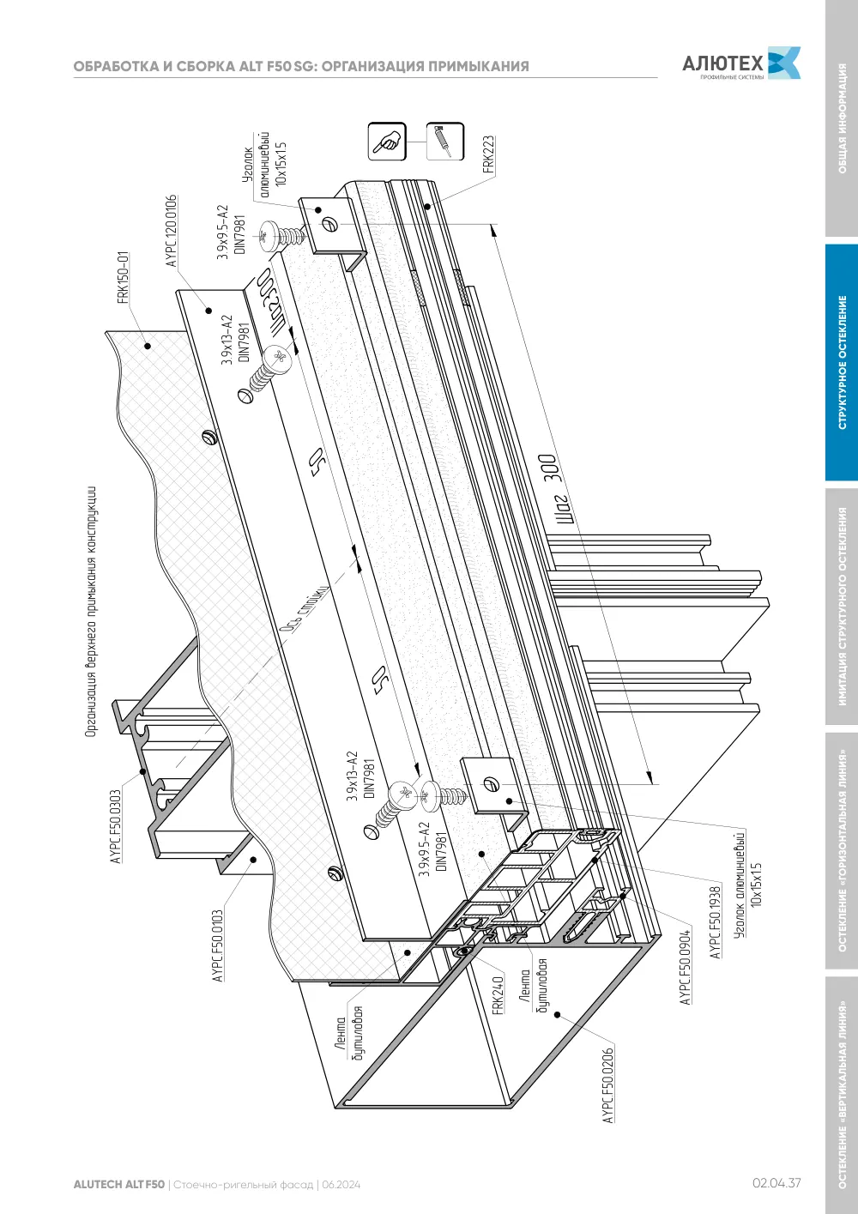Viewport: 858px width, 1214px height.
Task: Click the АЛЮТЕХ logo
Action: pos(741,63)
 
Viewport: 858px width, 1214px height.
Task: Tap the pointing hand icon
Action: pos(387,142)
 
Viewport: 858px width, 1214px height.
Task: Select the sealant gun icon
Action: pos(445,142)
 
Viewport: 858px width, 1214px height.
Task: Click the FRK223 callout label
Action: pos(488,154)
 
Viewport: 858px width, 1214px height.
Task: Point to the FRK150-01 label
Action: pos(124,277)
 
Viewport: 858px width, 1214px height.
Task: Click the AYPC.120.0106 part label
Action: pos(172,230)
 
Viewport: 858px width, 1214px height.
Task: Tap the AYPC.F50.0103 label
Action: pos(218,946)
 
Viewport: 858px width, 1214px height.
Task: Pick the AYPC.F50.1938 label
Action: pos(716,922)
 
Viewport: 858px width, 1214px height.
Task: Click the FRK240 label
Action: pos(498,994)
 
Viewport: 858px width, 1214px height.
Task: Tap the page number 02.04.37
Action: pos(776,1183)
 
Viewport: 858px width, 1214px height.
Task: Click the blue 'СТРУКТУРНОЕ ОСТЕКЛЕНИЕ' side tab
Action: pos(842,362)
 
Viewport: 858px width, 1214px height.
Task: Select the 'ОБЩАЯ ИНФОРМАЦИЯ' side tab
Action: pos(842,118)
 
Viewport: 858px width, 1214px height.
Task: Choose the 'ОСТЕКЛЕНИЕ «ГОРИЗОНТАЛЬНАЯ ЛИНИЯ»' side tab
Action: pos(842,850)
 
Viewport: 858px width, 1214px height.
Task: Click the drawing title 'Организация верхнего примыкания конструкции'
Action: pos(91,612)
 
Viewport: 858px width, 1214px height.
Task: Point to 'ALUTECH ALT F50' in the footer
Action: pos(118,1185)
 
